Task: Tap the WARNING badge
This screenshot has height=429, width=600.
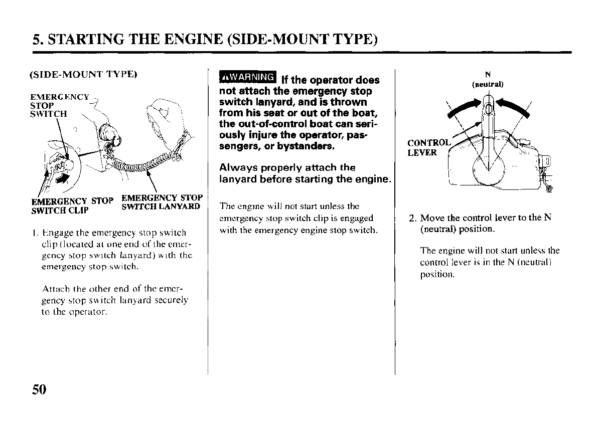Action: point(247,77)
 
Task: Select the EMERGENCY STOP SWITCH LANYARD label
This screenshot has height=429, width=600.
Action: point(162,201)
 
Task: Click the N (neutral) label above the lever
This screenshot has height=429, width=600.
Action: point(487,80)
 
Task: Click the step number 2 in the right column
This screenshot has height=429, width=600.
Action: point(412,219)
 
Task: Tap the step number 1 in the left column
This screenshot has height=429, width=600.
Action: point(32,233)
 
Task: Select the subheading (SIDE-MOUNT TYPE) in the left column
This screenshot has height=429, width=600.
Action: point(83,75)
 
